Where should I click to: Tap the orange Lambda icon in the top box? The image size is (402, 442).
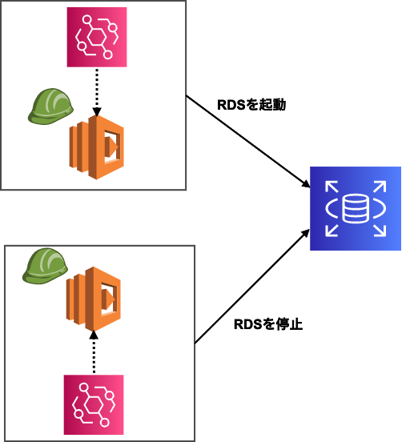tap(96, 149)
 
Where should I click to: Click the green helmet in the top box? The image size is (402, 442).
tap(49, 107)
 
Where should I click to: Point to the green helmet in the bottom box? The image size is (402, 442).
tap(46, 267)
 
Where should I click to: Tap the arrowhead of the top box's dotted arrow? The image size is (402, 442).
tap(95, 111)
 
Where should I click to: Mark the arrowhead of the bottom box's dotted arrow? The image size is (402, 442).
tap(93, 334)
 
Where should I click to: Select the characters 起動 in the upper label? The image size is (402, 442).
tap(272, 105)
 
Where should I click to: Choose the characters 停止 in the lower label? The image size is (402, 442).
tap(289, 325)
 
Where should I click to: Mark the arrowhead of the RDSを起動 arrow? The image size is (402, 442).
tap(307, 186)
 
